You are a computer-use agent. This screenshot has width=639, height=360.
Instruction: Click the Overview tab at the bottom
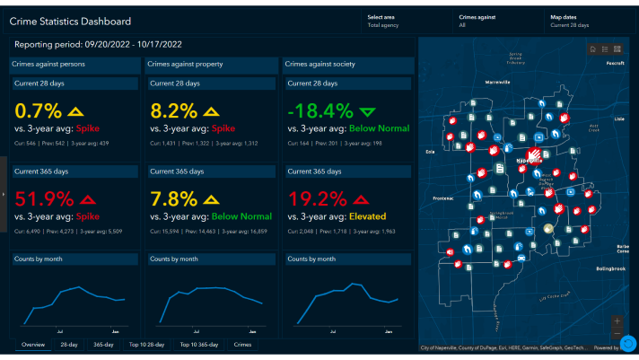click(x=33, y=344)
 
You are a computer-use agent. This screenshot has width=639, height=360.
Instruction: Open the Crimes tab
click(x=242, y=344)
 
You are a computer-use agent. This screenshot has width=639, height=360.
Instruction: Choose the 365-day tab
click(x=103, y=344)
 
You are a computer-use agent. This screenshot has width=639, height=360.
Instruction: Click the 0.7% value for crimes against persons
click(x=38, y=111)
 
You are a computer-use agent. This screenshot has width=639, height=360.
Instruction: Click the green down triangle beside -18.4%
click(x=367, y=112)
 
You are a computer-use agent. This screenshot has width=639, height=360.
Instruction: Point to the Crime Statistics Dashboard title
click(x=70, y=21)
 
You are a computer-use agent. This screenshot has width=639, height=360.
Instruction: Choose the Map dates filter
click(x=569, y=21)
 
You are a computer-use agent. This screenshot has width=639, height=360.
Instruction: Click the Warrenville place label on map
click(x=492, y=82)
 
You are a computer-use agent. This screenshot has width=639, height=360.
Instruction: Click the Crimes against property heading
click(x=184, y=64)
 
